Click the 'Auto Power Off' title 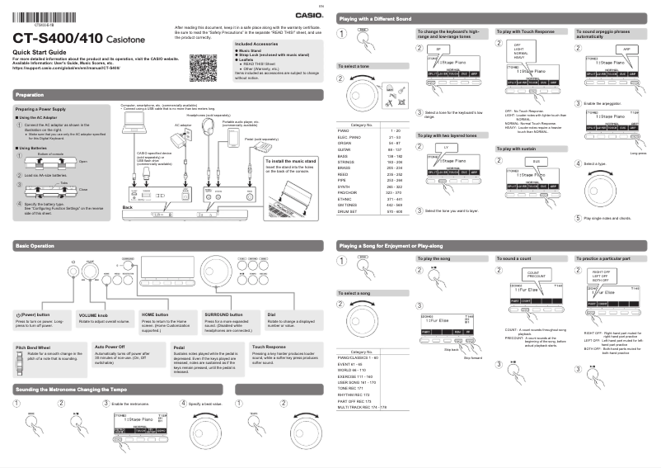(110, 347)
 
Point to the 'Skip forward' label (473, 357)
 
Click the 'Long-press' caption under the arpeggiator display (637, 154)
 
